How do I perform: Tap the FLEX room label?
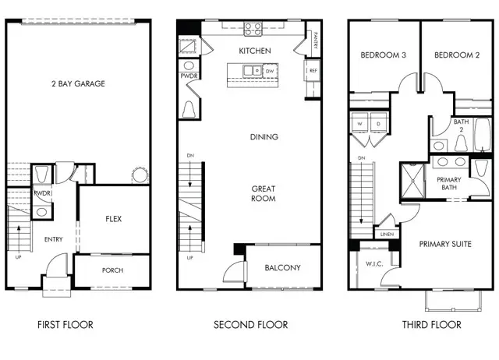114,219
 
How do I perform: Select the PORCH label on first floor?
113,270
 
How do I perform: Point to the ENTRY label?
54,240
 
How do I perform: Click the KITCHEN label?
255,51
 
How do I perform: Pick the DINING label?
264,137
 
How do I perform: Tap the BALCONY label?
281,268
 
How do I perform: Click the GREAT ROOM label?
264,194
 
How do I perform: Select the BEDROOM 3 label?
382,55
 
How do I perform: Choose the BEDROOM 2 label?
455,55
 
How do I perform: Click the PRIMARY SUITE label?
445,245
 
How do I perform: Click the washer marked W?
360,124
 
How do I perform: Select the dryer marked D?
377,124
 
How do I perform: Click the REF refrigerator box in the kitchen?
313,71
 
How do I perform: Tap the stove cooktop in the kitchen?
254,30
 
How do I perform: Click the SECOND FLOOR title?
250,325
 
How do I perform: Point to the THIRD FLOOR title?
431,325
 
